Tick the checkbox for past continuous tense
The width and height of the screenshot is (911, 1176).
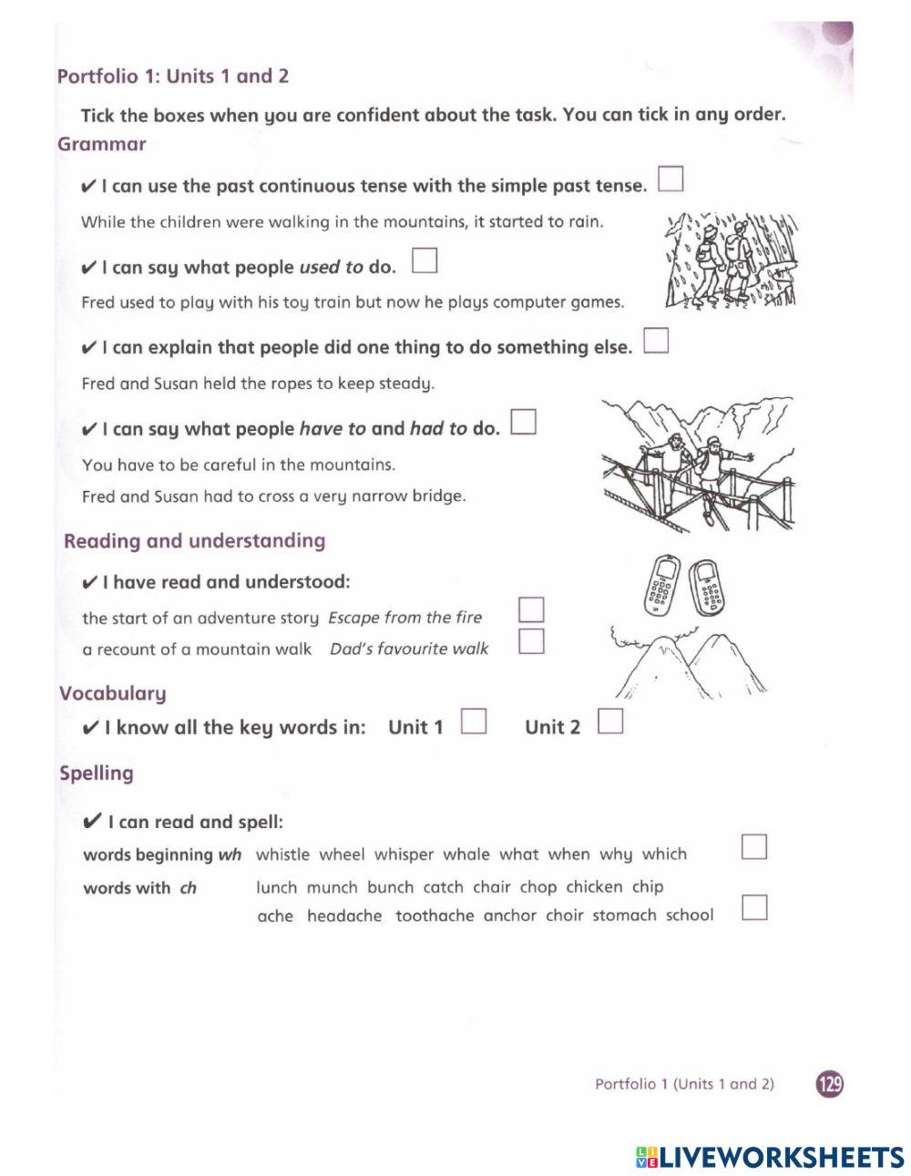click(x=670, y=179)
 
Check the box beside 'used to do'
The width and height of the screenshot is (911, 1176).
click(x=425, y=261)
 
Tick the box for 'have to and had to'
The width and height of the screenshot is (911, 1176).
click(x=524, y=422)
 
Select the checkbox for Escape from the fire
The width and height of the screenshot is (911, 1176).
click(x=531, y=609)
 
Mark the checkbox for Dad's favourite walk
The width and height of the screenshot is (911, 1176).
click(x=531, y=641)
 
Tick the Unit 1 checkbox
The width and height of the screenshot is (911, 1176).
click(x=474, y=721)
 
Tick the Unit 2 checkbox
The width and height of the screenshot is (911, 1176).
click(x=610, y=721)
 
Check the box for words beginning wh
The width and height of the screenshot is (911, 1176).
click(x=754, y=847)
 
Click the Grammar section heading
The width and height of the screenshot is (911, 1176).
click(x=101, y=144)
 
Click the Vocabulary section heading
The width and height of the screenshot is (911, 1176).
click(x=112, y=693)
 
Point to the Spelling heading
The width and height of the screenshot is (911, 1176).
click(x=96, y=773)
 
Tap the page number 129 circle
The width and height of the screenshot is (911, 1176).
click(x=830, y=1084)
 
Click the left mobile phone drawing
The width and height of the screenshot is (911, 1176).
click(x=661, y=585)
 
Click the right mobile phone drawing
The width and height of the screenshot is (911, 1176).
click(x=707, y=588)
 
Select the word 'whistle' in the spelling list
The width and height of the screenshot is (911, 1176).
click(x=282, y=854)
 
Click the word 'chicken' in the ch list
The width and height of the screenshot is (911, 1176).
click(x=594, y=886)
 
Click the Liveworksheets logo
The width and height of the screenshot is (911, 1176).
click(x=770, y=1157)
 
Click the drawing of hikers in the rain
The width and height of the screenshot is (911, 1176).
click(x=731, y=261)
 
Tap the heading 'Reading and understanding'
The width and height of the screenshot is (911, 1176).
click(x=194, y=541)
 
